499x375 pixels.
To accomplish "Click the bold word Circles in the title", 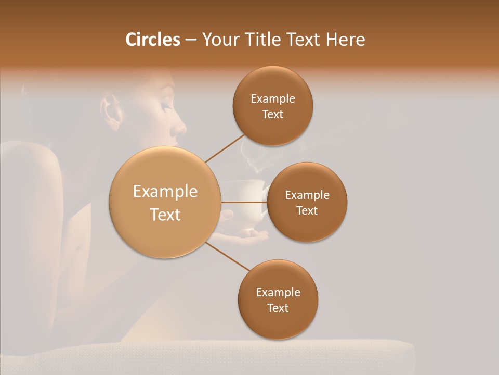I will click(x=152, y=40).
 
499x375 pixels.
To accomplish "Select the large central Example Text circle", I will click(x=165, y=202).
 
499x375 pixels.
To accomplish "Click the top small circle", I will click(x=273, y=106).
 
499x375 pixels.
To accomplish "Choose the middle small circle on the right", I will click(x=307, y=202).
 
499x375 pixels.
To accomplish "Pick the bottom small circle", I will click(x=278, y=299).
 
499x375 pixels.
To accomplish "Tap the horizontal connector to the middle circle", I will click(x=244, y=202).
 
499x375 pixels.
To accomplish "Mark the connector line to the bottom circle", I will click(x=228, y=257).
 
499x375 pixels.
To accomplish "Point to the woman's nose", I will click(x=179, y=128).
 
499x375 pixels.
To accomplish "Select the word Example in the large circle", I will click(x=165, y=192).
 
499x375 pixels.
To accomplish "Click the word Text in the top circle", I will click(x=273, y=114).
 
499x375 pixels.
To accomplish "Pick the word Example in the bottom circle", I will click(x=278, y=292).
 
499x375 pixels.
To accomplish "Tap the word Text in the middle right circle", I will click(x=307, y=210).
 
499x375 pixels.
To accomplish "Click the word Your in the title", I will click(x=219, y=40).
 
